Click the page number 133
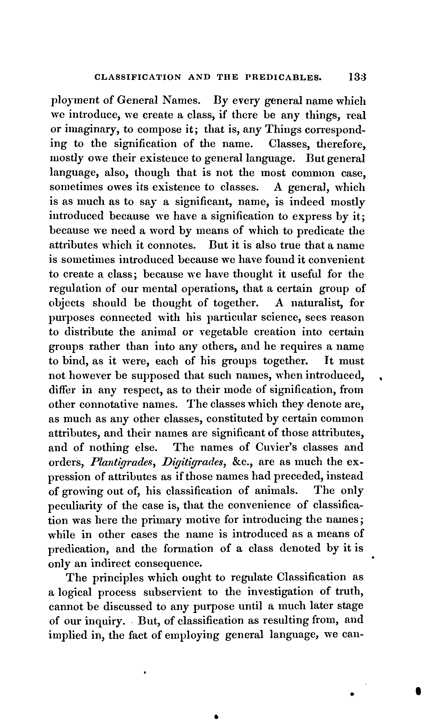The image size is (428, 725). pos(357,77)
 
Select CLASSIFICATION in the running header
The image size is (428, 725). pos(138,78)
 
